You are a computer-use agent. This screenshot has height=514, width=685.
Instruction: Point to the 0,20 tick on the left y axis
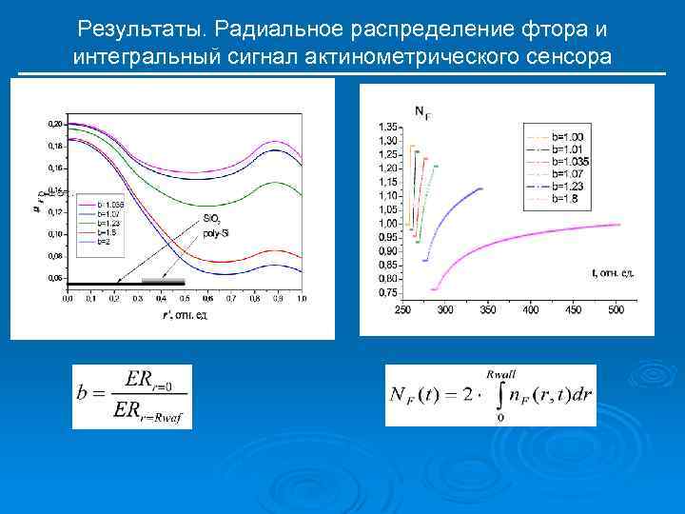tap(55, 125)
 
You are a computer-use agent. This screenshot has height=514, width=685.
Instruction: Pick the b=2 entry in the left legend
tap(88, 242)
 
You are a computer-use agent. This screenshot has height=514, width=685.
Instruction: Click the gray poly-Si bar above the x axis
tap(163, 282)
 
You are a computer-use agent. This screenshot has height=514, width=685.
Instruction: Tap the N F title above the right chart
tap(421, 112)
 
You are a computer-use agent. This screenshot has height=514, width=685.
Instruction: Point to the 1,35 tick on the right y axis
tap(388, 127)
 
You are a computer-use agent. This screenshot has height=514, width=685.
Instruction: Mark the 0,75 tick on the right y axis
tap(388, 292)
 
